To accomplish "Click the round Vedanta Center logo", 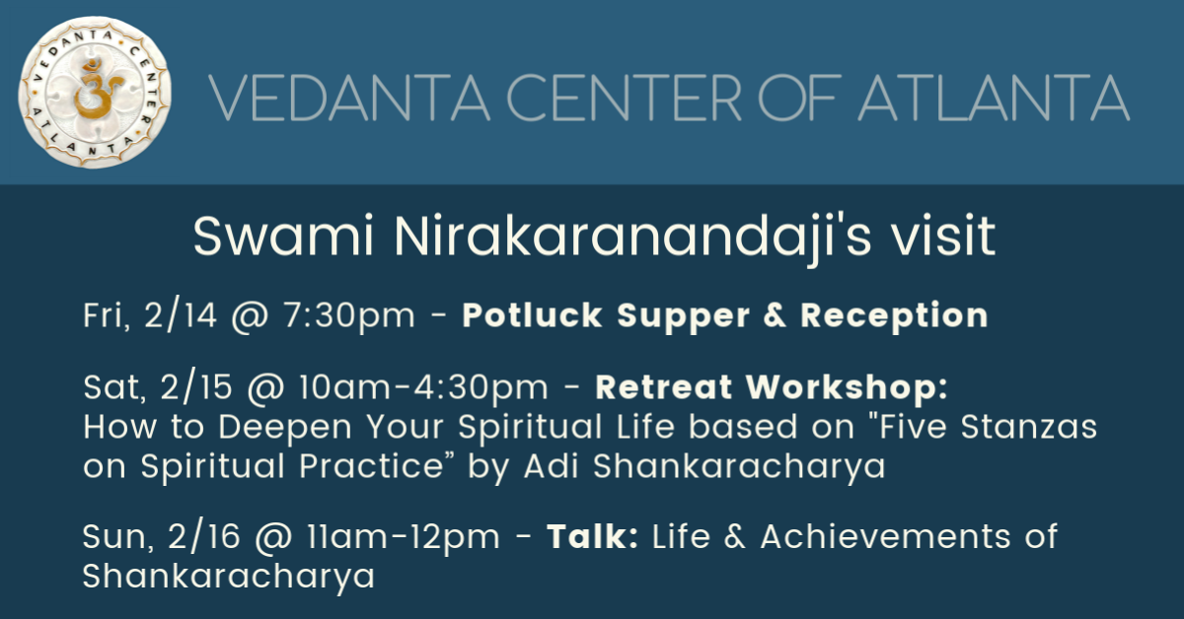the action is (x=95, y=93).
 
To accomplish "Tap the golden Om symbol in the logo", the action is (x=97, y=88).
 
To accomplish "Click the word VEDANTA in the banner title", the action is (x=349, y=98).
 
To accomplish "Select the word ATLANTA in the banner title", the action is (x=994, y=98).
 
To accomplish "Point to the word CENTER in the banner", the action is (x=625, y=98).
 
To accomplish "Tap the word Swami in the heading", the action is (x=284, y=237).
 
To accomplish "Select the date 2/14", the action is (x=181, y=315).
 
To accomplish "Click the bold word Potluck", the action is (x=532, y=315).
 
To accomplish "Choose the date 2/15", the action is (x=196, y=387).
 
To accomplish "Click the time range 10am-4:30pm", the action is (x=423, y=388).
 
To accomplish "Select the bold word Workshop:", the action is (x=847, y=388).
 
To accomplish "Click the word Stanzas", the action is (x=1028, y=427).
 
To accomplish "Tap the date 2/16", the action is (x=204, y=536).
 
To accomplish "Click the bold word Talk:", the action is (x=593, y=536).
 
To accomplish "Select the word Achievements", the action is (x=885, y=536).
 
